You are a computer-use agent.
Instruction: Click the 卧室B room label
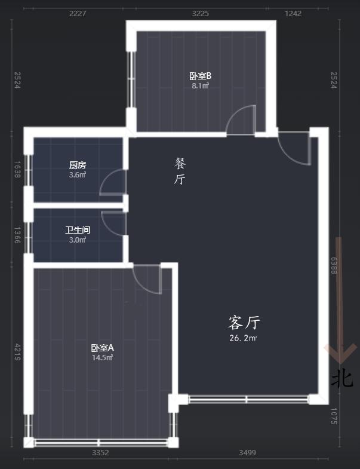tap(201, 76)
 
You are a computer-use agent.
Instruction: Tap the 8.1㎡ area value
tap(201, 85)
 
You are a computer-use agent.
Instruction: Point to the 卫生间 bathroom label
tap(78, 230)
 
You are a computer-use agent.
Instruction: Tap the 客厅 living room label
tap(244, 323)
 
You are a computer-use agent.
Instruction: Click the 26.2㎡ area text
tap(244, 338)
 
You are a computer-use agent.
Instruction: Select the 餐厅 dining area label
tap(180, 171)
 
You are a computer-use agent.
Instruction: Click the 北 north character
tap(343, 378)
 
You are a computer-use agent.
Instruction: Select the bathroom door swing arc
tap(113, 223)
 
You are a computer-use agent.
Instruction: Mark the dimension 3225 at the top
tap(200, 13)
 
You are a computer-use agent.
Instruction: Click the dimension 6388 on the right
tap(334, 265)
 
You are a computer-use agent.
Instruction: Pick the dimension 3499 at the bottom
tap(247, 453)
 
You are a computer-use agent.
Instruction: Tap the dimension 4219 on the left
tap(17, 351)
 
